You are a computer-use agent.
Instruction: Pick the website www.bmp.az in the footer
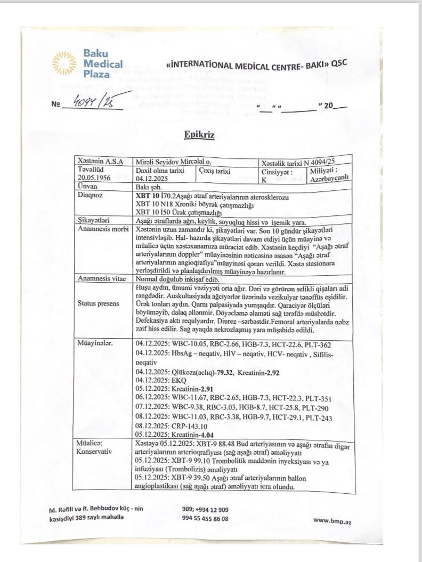(x=332, y=521)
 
